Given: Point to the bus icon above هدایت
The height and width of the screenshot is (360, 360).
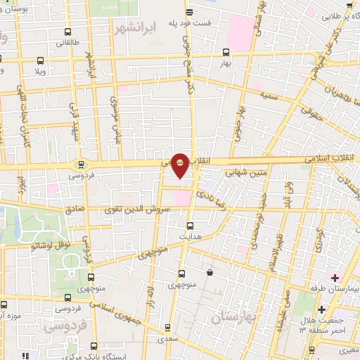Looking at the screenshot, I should (x=190, y=226).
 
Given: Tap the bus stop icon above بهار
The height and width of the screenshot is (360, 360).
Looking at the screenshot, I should (x=226, y=51).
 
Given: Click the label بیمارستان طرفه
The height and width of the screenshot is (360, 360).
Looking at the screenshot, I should (x=335, y=289).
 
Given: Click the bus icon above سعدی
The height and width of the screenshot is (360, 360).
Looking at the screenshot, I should (x=167, y=327).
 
